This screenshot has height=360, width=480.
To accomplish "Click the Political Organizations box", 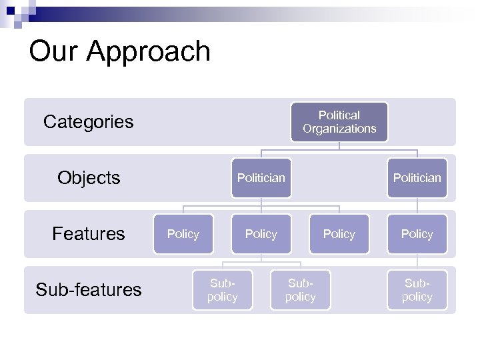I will (339, 122).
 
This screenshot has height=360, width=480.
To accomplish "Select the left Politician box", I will (261, 178).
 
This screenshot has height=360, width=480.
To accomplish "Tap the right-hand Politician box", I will (417, 178).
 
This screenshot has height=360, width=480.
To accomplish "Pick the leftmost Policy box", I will (183, 234).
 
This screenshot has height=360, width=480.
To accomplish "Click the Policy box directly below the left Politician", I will (261, 234).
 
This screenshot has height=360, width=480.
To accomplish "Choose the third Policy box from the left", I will (339, 234).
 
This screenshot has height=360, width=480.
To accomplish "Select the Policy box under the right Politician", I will (417, 234).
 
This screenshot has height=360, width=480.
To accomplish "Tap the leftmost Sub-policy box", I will (222, 290).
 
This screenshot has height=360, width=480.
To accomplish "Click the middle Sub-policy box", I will (300, 290).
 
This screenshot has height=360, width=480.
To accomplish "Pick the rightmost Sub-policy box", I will (417, 290).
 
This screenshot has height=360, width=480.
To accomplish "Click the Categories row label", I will (88, 122).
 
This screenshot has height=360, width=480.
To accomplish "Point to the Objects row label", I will (89, 178).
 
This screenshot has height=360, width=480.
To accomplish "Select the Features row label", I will (89, 234).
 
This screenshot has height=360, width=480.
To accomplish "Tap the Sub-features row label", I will (89, 290).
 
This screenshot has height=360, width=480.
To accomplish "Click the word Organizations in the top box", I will (339, 129).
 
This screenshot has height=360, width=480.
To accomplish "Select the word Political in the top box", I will (339, 115).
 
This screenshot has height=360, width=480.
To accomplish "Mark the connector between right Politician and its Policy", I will (417, 206).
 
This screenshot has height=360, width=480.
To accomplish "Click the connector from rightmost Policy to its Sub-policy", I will (417, 262).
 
